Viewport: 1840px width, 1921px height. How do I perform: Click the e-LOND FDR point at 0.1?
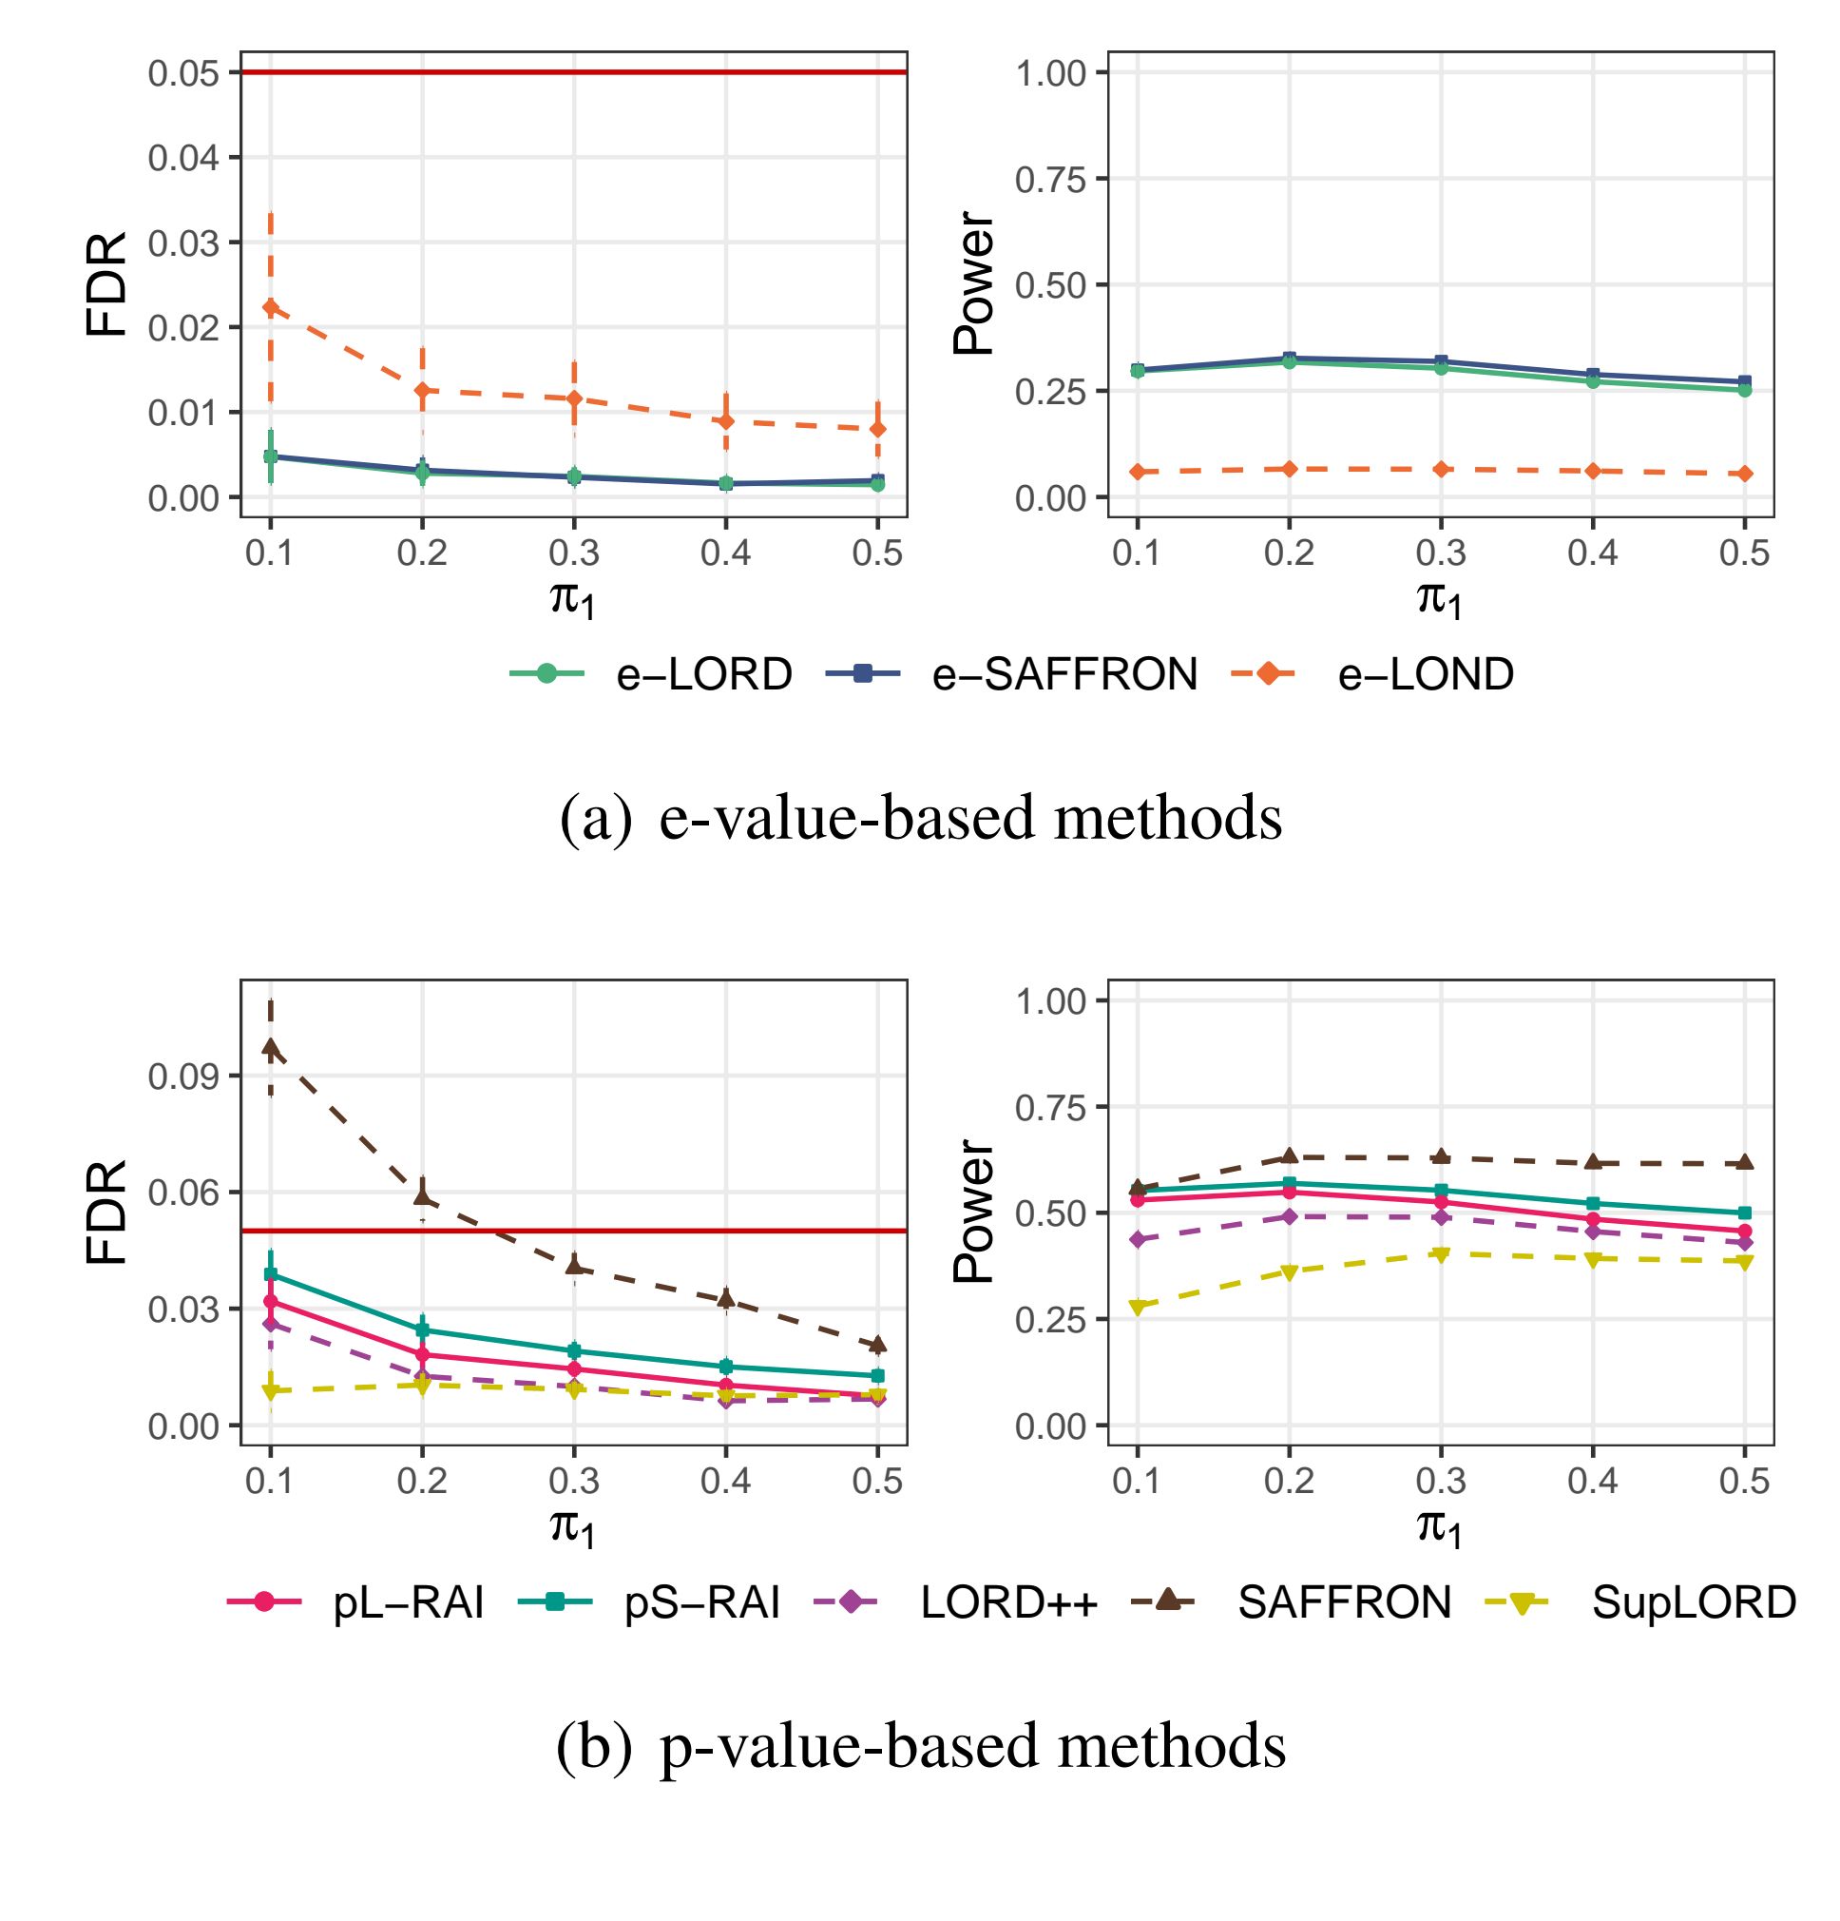pyautogui.click(x=271, y=307)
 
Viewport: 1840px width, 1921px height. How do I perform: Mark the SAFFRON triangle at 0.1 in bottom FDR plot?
pyautogui.click(x=271, y=1048)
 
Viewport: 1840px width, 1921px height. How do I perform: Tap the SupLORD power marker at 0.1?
pyautogui.click(x=1138, y=1308)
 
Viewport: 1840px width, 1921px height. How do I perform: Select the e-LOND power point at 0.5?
pyautogui.click(x=1745, y=475)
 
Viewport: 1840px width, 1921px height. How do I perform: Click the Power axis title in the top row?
pyautogui.click(x=974, y=284)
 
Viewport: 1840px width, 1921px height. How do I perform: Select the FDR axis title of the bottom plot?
pyautogui.click(x=105, y=1213)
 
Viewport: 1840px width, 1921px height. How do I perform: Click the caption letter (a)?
pyautogui.click(x=596, y=819)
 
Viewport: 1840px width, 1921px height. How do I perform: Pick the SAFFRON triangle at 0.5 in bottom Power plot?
pyautogui.click(x=1745, y=1162)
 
